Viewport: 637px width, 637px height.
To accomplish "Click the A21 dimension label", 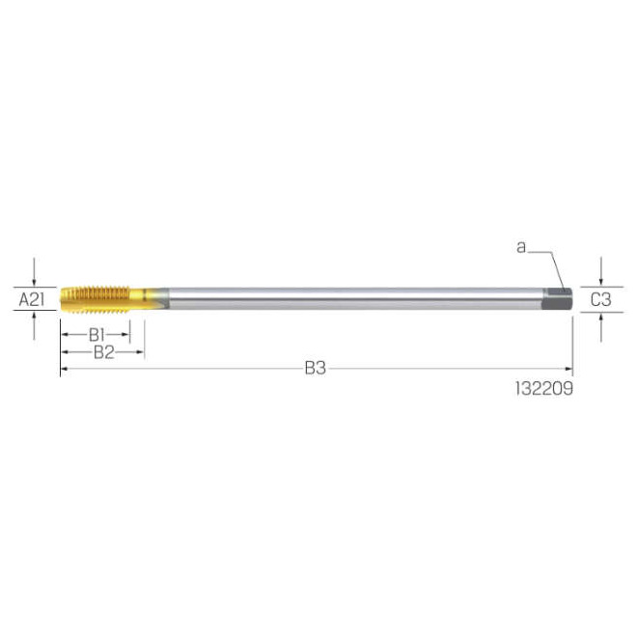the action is coord(32,300).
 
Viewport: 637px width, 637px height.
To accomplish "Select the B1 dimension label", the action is coord(97,335).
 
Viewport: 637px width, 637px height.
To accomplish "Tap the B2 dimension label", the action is coord(103,352).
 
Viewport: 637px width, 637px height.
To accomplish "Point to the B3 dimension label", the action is coord(316,368).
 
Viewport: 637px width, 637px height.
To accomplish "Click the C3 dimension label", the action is coord(600,300).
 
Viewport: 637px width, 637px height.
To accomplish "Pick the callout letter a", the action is coord(521,246).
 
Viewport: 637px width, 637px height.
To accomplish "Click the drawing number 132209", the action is coord(544,388).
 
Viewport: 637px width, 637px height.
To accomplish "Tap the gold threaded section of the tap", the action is coord(95,299).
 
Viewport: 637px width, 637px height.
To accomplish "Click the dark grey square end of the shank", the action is coord(559,299).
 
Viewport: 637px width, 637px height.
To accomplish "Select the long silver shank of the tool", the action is coord(356,299).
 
